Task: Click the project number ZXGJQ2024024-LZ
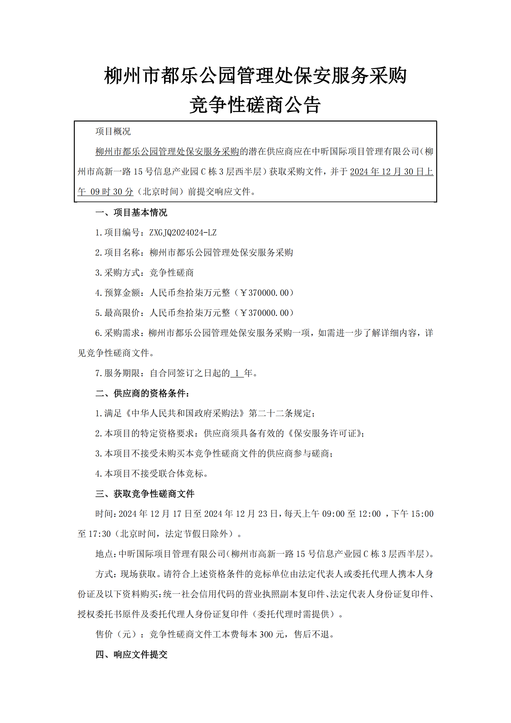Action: [183, 233]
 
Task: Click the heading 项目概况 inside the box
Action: [113, 131]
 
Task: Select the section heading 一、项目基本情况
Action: [131, 213]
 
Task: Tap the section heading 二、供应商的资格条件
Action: [142, 393]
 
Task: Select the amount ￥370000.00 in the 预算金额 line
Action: [264, 293]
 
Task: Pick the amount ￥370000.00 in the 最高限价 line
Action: [264, 313]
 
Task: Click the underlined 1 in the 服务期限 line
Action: [237, 373]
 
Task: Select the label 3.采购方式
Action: [117, 273]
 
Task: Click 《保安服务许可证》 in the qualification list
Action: [324, 434]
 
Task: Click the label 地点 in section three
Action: [104, 554]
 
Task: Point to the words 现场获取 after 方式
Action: [138, 574]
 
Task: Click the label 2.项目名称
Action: [117, 253]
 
